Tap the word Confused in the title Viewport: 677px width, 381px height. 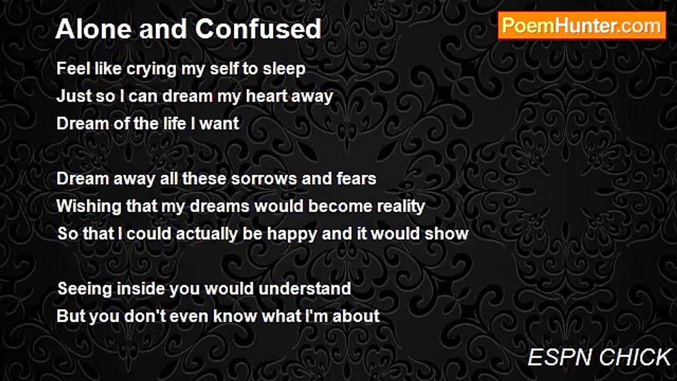pyautogui.click(x=259, y=29)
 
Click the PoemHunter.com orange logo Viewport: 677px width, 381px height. pyautogui.click(x=582, y=26)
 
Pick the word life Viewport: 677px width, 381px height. pyautogui.click(x=173, y=124)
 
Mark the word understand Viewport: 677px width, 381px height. pyautogui.click(x=305, y=288)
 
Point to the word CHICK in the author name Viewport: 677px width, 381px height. pyautogui.click(x=635, y=357)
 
